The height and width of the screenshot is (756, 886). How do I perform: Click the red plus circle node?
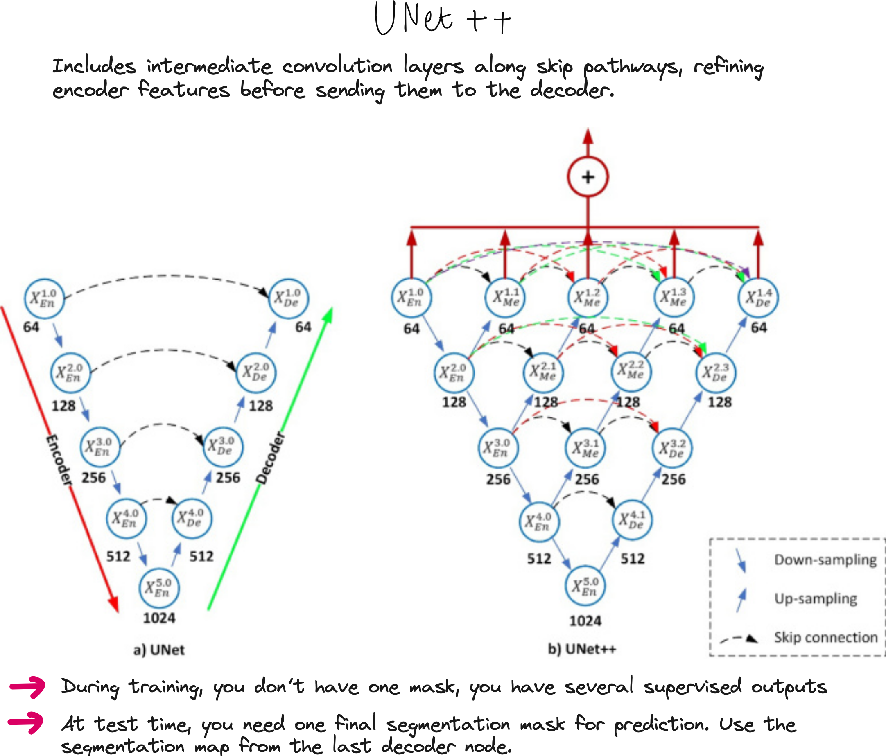(588, 176)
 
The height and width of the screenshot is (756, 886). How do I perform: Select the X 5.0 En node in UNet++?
(585, 586)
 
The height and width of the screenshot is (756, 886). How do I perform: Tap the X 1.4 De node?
(758, 297)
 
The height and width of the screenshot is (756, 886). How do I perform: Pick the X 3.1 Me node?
(585, 448)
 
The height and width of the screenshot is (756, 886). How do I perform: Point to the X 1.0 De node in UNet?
(288, 298)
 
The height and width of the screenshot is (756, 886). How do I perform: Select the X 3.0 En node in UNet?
(99, 447)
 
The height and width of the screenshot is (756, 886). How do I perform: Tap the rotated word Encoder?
(59, 460)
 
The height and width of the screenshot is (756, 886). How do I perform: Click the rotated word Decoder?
(271, 458)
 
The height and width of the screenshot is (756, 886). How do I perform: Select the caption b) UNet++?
(582, 649)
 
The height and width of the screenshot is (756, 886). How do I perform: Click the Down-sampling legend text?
(825, 560)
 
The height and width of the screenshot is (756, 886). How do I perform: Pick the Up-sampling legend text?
(816, 599)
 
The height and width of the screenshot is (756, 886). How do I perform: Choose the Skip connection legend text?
(826, 637)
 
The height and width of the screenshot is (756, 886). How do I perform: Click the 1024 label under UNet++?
(585, 621)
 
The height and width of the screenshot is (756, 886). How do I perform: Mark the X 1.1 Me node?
(505, 297)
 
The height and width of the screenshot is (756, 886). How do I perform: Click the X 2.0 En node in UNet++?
(454, 372)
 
